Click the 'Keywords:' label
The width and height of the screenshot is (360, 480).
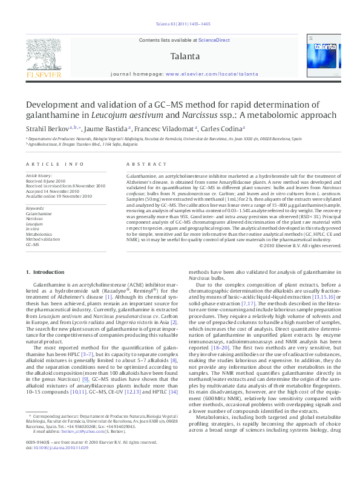[35, 208]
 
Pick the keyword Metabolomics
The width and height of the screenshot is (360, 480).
[39, 233]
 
